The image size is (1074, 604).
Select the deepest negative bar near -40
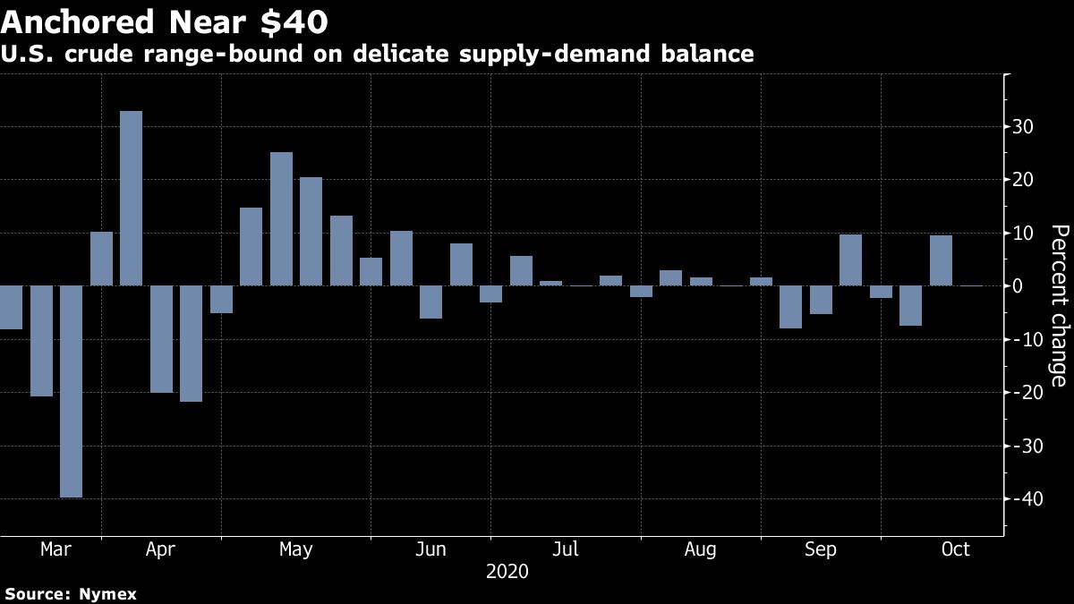coord(72,391)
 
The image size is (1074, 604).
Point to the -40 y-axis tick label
coord(1021,499)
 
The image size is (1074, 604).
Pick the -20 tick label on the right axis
coord(1021,393)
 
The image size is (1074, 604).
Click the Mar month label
coord(55,549)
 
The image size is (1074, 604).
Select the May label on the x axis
coord(296,549)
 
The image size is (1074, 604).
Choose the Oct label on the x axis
coord(956,549)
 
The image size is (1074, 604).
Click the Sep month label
coord(821,549)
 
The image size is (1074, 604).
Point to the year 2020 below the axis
coord(507,571)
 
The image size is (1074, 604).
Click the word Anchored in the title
coord(88,20)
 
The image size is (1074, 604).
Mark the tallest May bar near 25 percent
coord(281,219)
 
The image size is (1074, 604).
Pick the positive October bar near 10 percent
coord(941,260)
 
